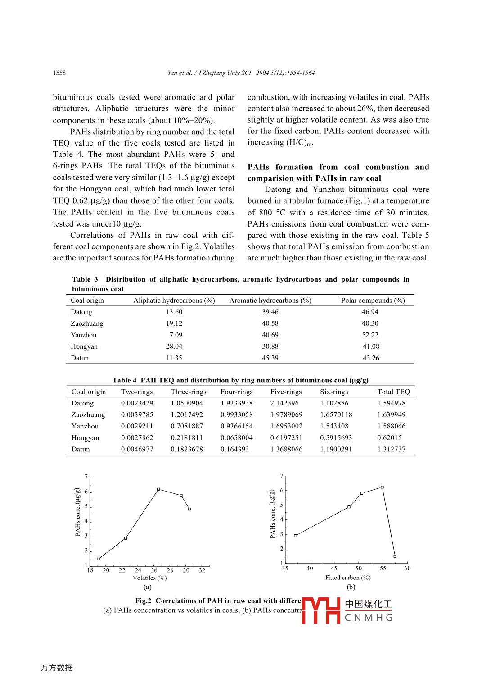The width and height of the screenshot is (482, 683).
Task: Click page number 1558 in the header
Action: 59,73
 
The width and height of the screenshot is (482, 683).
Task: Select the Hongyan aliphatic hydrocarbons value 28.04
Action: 174,346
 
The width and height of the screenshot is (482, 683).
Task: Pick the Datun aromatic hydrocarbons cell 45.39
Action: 270,358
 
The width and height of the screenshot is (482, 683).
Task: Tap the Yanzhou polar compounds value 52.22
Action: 370,335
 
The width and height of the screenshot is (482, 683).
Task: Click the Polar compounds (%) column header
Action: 373,301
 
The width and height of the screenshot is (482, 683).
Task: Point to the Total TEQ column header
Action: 393,392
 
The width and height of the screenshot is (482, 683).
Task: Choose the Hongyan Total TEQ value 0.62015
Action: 389,438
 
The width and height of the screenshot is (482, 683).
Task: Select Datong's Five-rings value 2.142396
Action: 284,403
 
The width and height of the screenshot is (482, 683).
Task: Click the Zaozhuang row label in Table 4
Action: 88,415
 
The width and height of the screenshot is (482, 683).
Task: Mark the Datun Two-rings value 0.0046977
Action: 137,449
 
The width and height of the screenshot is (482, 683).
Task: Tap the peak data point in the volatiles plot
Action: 158,489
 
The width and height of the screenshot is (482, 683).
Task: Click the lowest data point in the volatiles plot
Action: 99,559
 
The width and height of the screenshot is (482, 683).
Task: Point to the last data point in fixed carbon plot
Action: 395,556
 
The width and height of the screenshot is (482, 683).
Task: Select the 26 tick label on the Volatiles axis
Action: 154,570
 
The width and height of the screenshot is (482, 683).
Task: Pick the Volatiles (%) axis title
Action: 149,578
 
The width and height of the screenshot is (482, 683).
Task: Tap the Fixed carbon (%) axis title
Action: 348,578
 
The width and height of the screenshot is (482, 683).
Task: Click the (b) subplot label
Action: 351,587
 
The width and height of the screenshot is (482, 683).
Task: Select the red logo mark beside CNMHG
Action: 321,610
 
